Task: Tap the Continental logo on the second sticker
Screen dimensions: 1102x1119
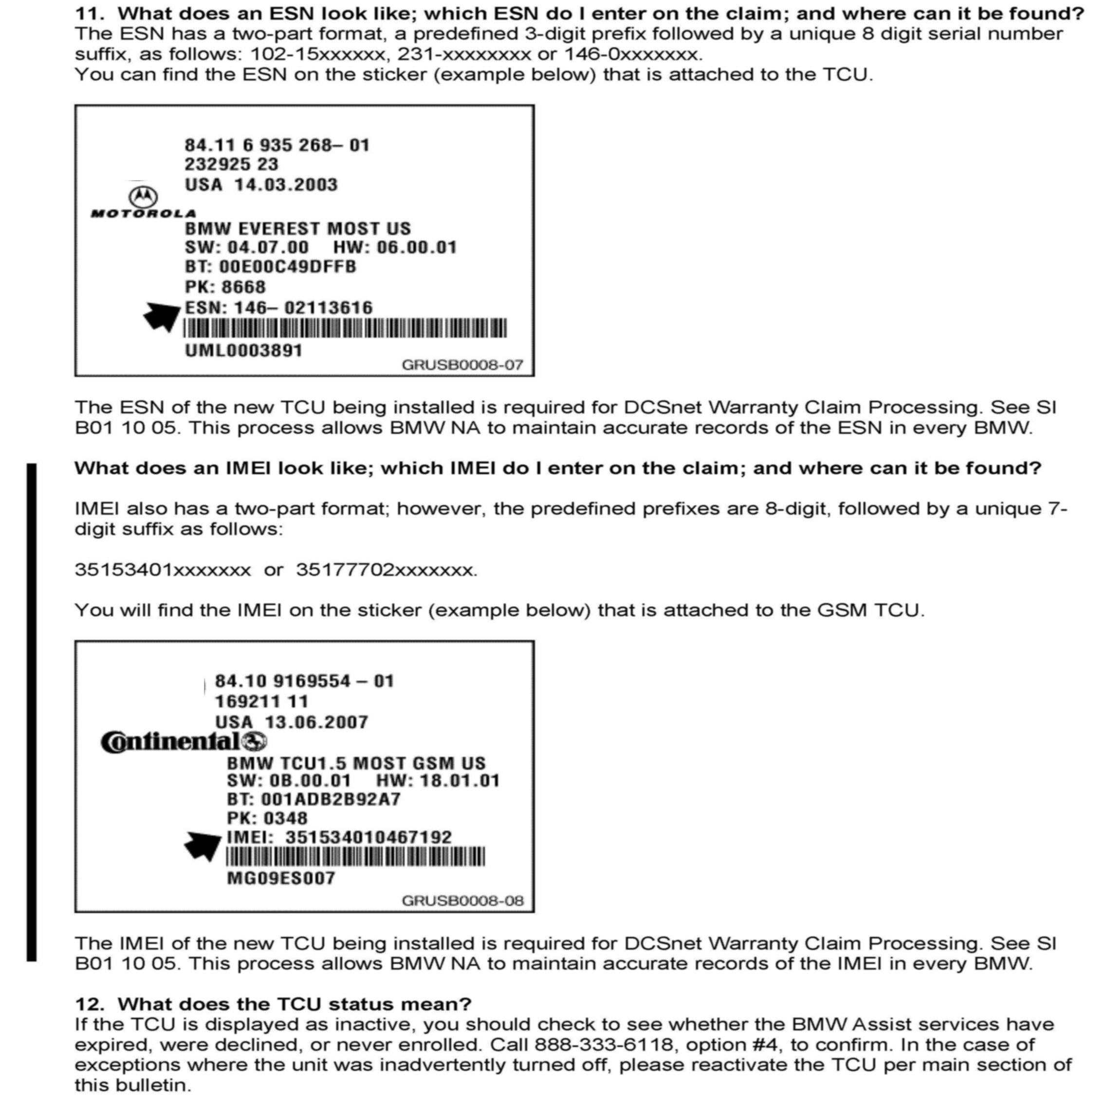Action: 183,742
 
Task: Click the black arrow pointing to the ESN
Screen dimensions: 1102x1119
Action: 163,316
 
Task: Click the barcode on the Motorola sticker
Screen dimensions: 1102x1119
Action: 345,329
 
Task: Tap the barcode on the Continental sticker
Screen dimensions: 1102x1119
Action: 355,857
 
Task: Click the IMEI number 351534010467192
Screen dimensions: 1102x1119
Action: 368,837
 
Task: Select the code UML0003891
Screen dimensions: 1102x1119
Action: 243,350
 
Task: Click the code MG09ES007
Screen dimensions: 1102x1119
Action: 281,878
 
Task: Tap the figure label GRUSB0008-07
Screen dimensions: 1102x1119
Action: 462,365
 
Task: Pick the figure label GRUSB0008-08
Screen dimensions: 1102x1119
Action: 462,900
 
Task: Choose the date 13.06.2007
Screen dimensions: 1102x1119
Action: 316,722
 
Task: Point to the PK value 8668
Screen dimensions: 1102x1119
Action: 243,287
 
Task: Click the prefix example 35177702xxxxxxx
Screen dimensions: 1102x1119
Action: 386,570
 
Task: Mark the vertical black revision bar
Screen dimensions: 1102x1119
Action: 32,712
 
